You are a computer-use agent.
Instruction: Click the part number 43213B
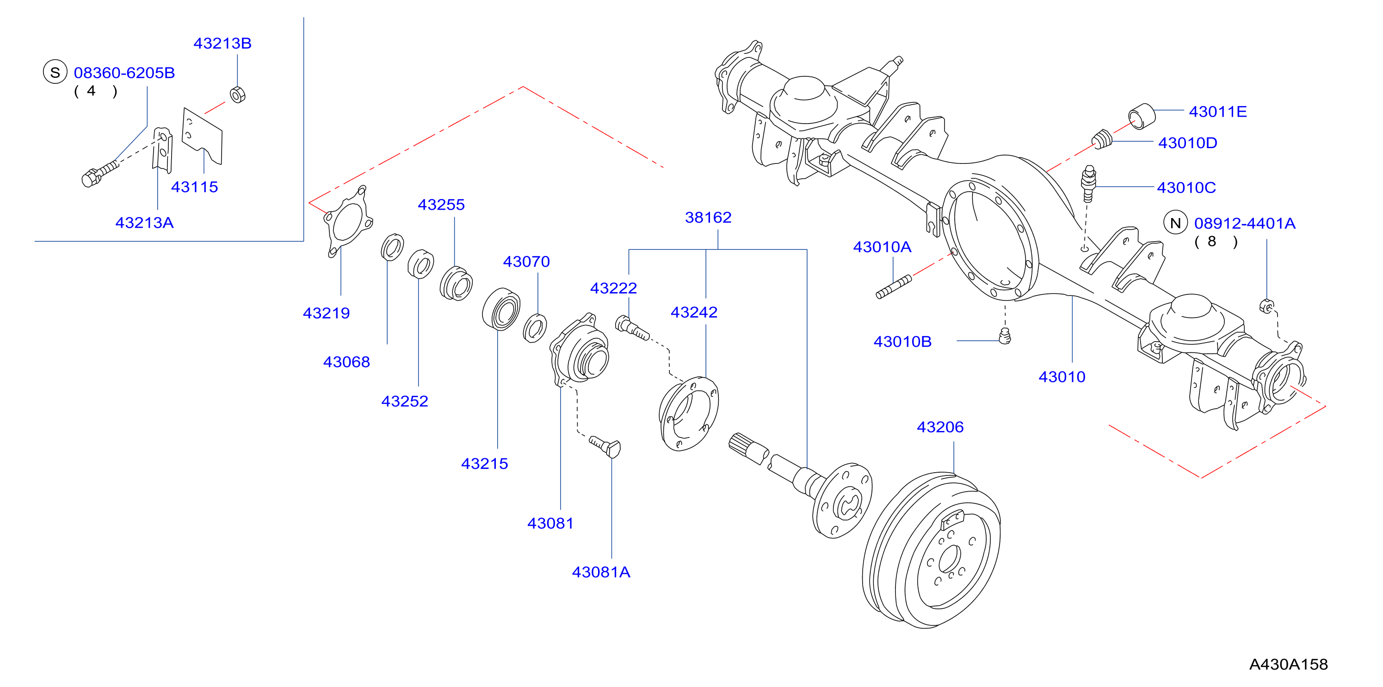[222, 43]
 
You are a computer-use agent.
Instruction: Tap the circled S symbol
[55, 73]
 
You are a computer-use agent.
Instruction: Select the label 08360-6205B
[124, 73]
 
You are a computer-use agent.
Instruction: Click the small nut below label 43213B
[237, 94]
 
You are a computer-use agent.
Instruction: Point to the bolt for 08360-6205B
[100, 173]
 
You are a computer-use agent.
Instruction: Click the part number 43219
[326, 312]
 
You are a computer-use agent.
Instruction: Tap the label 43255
[441, 204]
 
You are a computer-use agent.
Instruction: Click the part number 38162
[708, 217]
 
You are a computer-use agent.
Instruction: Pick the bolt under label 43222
[632, 328]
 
